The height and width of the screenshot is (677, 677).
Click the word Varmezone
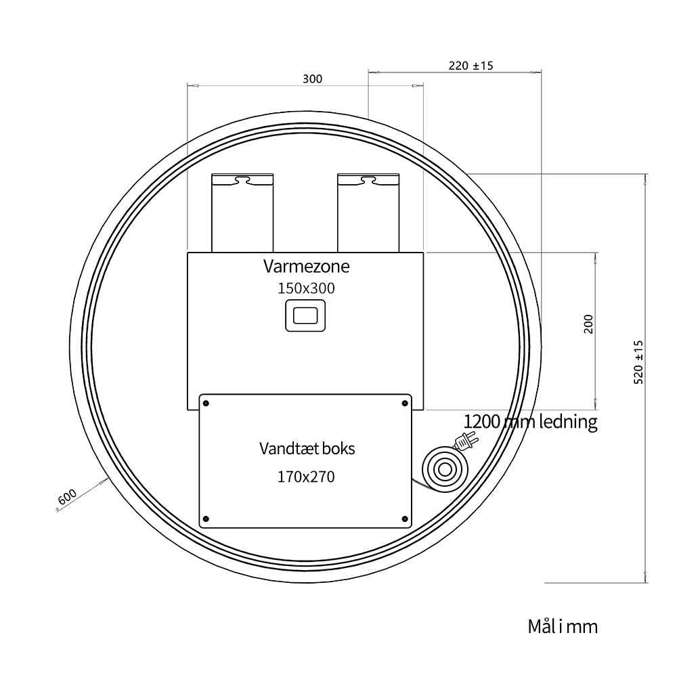[306, 266]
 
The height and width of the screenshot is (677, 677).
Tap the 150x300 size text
[306, 288]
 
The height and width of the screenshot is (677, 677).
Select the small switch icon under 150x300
[305, 315]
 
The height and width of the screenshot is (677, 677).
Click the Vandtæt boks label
[307, 449]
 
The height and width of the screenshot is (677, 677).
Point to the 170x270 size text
[306, 477]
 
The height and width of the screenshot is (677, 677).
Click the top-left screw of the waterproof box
[206, 403]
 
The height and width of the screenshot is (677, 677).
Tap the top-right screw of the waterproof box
[405, 403]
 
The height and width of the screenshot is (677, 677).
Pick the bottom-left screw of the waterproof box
[206, 519]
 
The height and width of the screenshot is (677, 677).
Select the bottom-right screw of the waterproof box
[405, 519]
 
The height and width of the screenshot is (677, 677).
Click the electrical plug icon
[466, 441]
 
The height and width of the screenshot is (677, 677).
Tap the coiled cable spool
[445, 469]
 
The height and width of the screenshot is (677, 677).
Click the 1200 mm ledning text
[531, 421]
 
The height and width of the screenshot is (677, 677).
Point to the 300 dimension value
[312, 79]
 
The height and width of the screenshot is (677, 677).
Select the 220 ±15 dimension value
[471, 66]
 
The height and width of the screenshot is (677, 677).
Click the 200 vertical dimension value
[588, 324]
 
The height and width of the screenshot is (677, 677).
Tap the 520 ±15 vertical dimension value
[638, 362]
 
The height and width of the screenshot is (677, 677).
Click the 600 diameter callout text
[67, 497]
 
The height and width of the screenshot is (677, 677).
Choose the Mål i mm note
[563, 626]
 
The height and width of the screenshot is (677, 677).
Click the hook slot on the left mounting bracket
[242, 179]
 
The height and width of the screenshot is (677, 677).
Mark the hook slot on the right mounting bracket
[368, 179]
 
